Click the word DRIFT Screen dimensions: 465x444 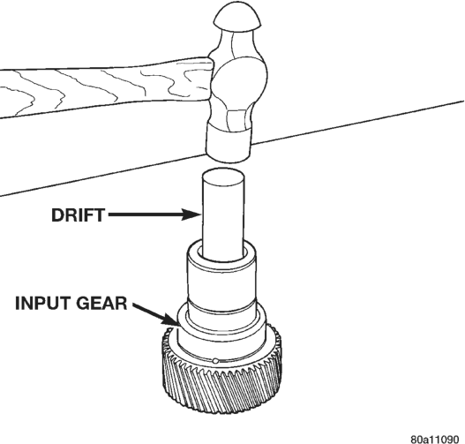78,215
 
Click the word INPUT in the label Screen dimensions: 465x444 41,303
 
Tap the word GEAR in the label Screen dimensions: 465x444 101,303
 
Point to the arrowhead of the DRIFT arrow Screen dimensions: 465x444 191,214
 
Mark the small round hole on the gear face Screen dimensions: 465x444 215,361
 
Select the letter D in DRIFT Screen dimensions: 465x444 57,215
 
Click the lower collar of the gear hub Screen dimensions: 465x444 221,329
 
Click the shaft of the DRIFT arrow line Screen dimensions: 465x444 146,214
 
